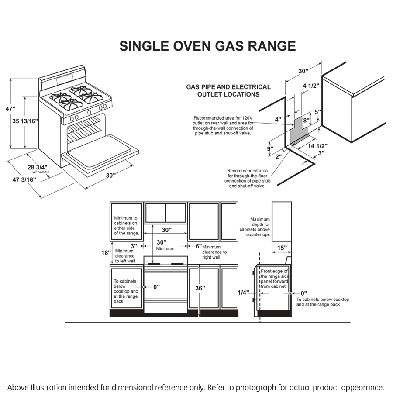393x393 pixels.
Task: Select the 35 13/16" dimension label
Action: (24, 121)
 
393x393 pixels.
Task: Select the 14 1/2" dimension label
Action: (318, 146)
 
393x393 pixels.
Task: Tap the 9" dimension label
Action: (270, 148)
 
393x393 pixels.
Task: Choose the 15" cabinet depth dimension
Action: (282, 248)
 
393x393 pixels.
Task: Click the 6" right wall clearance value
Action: (198, 246)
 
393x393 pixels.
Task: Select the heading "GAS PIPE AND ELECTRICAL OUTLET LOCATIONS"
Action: (228, 90)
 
